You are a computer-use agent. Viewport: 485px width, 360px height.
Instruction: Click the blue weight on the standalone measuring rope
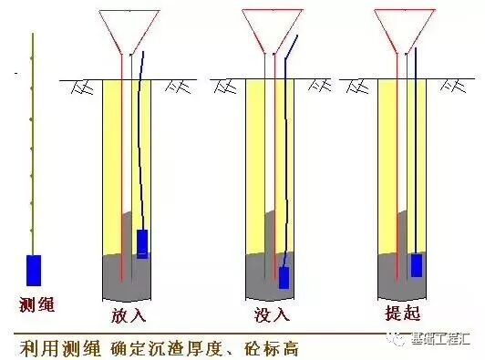[34, 271]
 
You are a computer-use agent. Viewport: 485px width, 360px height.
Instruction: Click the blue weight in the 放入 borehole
[142, 243]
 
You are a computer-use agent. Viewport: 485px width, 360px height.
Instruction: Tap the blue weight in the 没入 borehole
[284, 277]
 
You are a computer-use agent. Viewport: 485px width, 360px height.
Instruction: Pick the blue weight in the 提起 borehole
[417, 265]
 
